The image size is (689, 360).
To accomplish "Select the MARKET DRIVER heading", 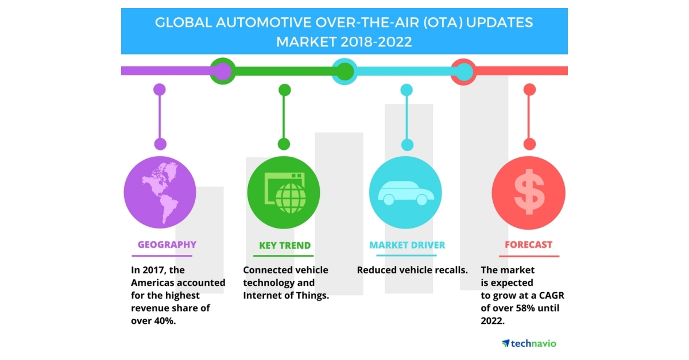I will pos(407,245).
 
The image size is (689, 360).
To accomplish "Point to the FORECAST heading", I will pos(529,245).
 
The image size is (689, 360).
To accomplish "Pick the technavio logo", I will pos(529,343).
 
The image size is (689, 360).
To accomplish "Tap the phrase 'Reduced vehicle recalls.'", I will pos(412,270).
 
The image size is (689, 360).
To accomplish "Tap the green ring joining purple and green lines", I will pos(222,71).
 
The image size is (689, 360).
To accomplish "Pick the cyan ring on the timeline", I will pos(344,71).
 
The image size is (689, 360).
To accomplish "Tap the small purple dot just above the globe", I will pos(160,144).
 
